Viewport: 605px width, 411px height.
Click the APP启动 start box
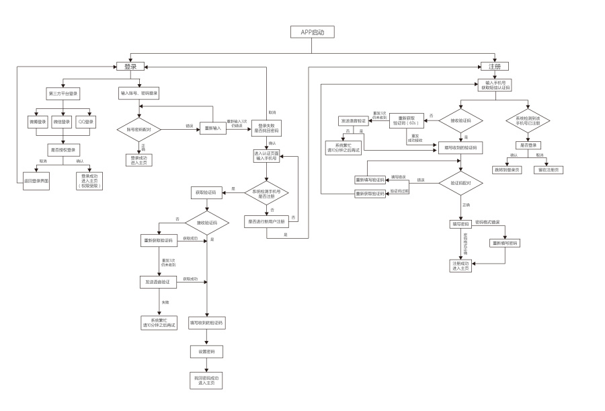point(312,32)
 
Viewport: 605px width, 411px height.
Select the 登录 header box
point(130,67)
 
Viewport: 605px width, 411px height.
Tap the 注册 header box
point(494,67)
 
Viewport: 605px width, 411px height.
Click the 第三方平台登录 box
point(63,94)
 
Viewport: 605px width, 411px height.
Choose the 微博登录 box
point(38,122)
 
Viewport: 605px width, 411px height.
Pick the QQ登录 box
point(85,122)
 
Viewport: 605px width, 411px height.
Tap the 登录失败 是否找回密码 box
point(266,128)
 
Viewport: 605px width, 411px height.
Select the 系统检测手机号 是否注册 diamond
point(266,193)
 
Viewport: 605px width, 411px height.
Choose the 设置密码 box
point(206,352)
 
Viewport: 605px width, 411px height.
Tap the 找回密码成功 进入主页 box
point(206,381)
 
